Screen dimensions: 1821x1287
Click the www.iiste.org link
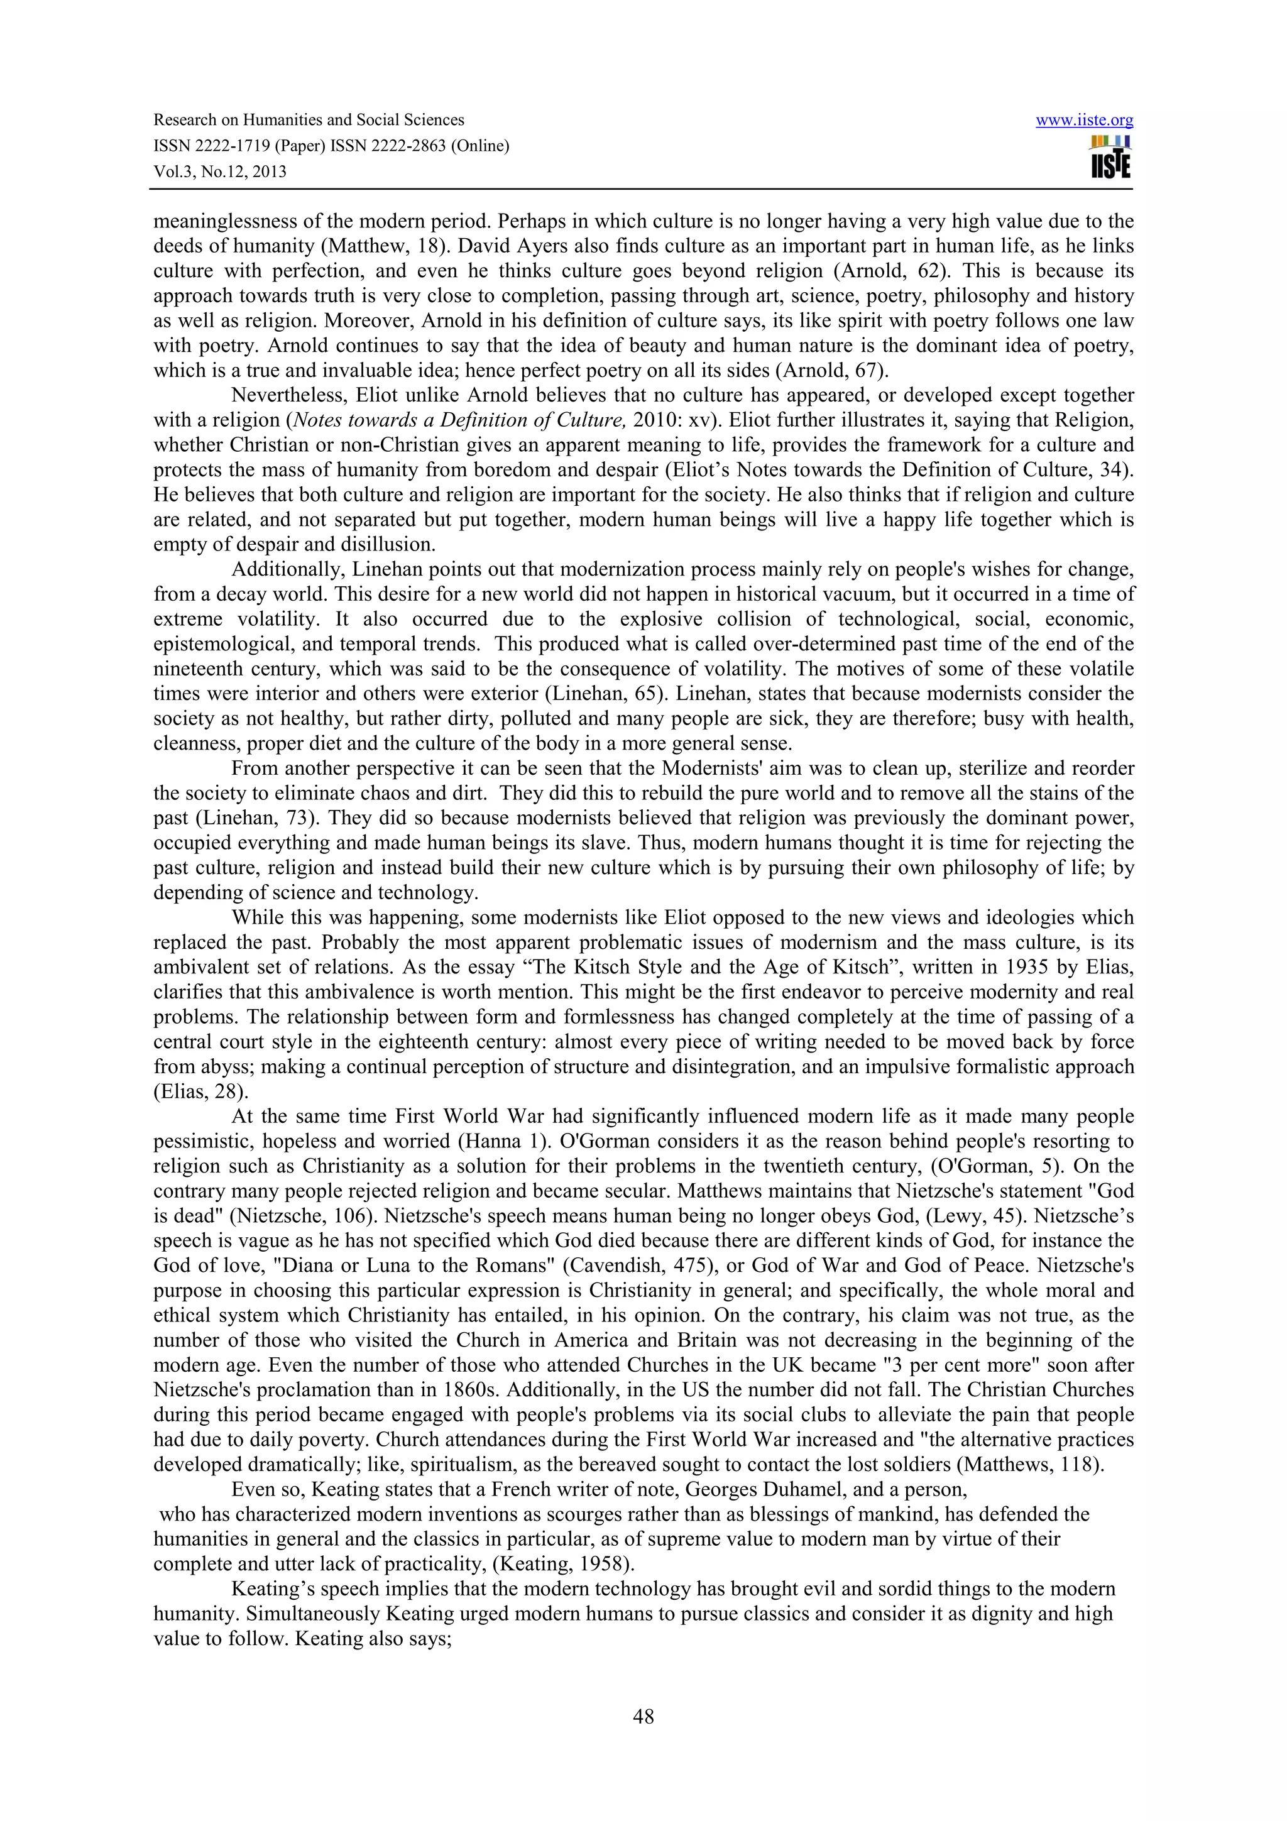[1084, 121]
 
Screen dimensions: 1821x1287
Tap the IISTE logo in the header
[1110, 157]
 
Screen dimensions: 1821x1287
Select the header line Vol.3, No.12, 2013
[220, 172]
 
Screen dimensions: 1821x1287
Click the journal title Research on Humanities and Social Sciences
[309, 121]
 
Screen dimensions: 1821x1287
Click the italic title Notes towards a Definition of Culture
[451, 420]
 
